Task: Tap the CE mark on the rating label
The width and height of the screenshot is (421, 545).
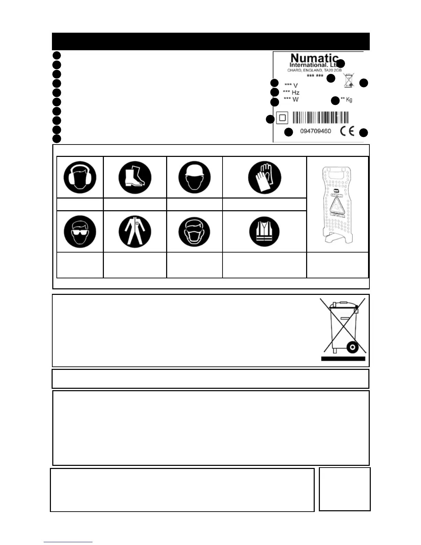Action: point(347,131)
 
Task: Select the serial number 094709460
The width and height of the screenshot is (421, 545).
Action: point(315,131)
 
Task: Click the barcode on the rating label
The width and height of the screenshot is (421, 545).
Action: point(321,118)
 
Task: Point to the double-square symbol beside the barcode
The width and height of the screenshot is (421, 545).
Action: point(282,118)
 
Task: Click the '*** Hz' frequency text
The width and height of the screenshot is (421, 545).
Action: point(291,92)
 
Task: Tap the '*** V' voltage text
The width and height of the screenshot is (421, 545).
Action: point(291,85)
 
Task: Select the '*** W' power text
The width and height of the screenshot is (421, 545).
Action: point(291,99)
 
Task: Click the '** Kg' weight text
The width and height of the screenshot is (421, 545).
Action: point(346,100)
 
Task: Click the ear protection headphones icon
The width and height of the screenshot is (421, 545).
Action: point(80,178)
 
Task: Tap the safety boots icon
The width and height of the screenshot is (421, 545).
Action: point(135,178)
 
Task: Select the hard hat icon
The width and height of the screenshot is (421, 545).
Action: point(195,178)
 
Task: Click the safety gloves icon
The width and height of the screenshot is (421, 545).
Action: point(265,178)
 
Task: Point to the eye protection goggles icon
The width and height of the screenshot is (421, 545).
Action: point(80,232)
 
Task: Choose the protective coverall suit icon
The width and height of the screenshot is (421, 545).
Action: point(135,232)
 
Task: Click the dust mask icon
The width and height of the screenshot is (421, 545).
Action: point(195,232)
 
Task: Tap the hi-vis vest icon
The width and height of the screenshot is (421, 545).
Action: point(265,232)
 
